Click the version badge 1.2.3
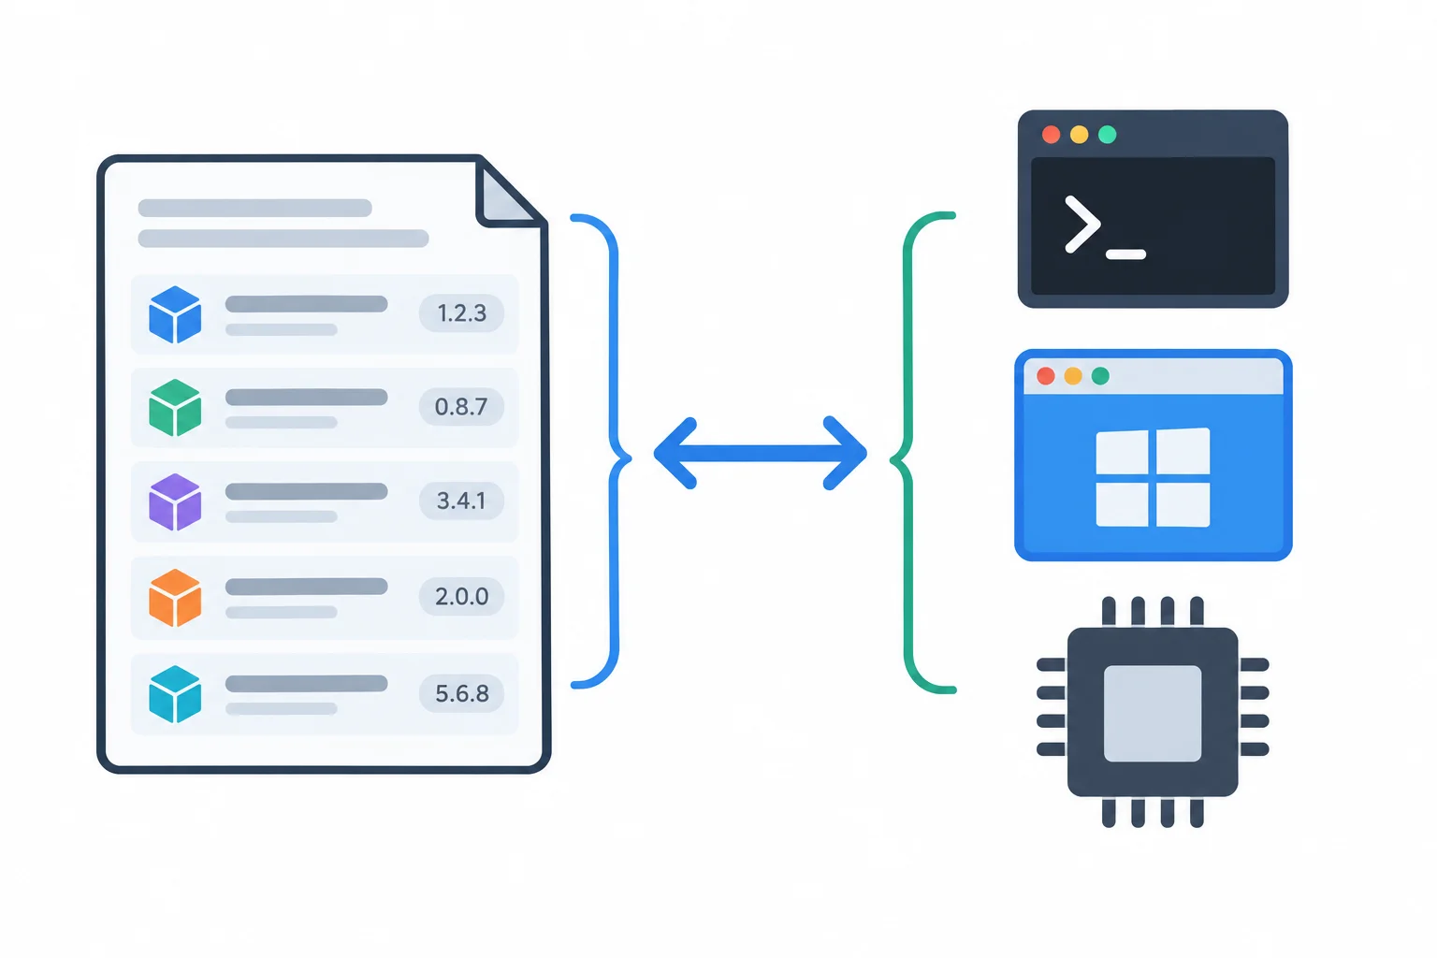click(x=461, y=313)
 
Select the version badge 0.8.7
click(x=461, y=406)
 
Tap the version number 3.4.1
click(x=461, y=501)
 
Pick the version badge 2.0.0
click(x=461, y=596)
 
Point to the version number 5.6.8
click(x=462, y=693)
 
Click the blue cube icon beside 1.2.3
click(x=175, y=314)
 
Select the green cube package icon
click(x=175, y=408)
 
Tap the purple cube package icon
click(x=175, y=501)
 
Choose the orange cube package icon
click(x=175, y=598)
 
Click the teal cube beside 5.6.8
click(x=175, y=694)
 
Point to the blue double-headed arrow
click(x=761, y=454)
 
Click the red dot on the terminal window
click(x=1051, y=135)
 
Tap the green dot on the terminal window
click(x=1108, y=135)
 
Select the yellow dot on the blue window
click(x=1073, y=376)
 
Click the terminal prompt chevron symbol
click(x=1082, y=225)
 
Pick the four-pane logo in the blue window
click(x=1153, y=477)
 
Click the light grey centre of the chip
click(x=1153, y=714)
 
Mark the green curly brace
click(x=905, y=453)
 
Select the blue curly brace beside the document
click(x=616, y=451)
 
